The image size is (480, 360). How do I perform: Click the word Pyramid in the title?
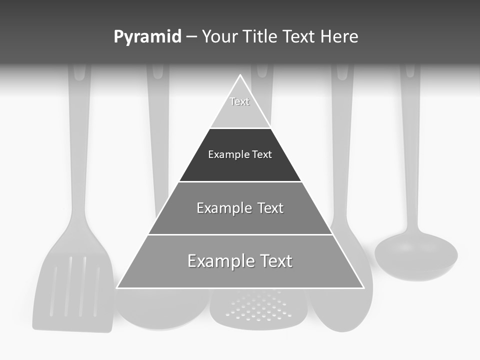point(147,37)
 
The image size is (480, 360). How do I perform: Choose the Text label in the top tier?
point(239,101)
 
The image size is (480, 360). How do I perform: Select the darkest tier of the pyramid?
point(240,162)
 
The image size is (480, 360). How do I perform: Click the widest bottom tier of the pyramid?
point(240,270)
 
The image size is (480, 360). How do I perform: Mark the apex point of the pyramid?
point(240,75)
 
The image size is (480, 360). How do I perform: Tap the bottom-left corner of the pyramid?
point(117,287)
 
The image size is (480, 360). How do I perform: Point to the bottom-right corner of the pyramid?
point(363,287)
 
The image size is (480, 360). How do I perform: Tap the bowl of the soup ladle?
point(416,255)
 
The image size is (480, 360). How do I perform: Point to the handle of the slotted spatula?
point(79,150)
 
